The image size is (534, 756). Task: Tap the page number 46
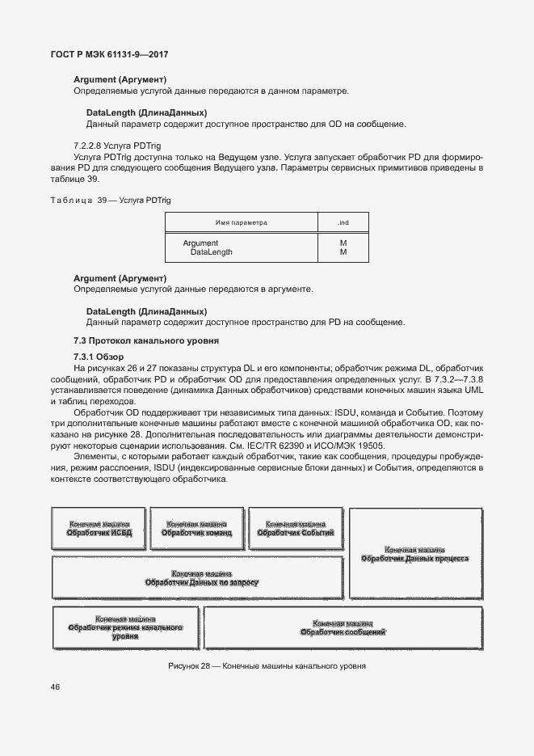[55, 687]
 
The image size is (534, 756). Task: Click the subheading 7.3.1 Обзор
[99, 357]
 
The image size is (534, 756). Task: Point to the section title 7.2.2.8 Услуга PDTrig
[118, 145]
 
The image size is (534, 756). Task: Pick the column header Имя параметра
[241, 222]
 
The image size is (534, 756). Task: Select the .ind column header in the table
[343, 222]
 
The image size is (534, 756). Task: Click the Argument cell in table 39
[200, 243]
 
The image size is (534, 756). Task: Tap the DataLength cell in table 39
[211, 252]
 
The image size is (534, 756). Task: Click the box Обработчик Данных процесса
[414, 554]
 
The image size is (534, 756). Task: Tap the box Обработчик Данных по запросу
[197, 577]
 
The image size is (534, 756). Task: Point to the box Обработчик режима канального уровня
[125, 627]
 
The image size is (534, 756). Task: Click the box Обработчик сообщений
[343, 627]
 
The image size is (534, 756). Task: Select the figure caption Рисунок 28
[267, 666]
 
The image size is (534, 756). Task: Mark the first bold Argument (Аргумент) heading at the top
[120, 79]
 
